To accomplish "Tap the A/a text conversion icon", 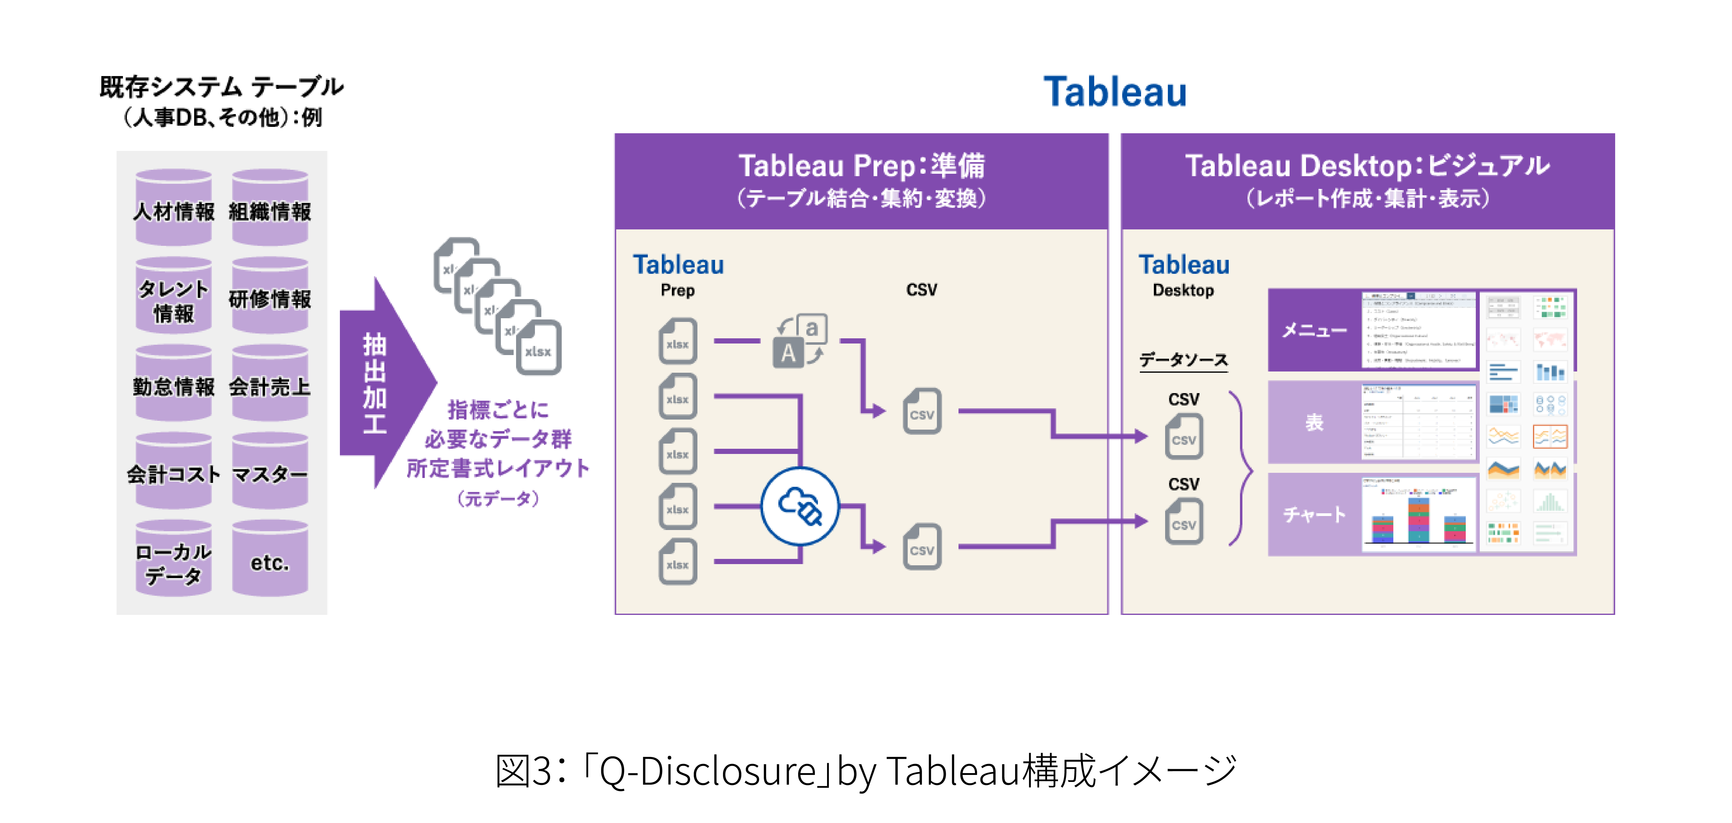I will tap(800, 341).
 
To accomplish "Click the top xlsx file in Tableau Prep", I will tap(677, 342).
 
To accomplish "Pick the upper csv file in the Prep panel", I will tap(922, 411).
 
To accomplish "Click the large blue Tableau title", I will tap(1115, 92).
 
